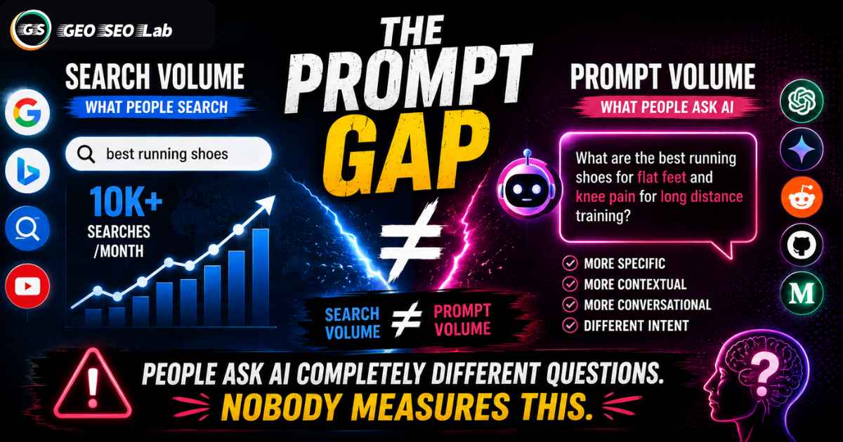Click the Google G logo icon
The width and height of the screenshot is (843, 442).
(x=27, y=112)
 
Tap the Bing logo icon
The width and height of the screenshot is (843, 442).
(x=27, y=170)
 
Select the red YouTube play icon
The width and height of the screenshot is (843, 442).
(x=27, y=286)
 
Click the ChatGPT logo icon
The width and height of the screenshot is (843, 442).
(x=802, y=101)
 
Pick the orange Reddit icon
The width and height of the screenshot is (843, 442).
(x=802, y=197)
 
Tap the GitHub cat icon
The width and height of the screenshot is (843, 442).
(x=802, y=245)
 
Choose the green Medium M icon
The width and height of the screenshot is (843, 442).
(x=802, y=293)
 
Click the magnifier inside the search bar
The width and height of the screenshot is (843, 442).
(x=86, y=154)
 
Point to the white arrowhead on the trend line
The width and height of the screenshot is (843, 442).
(x=267, y=203)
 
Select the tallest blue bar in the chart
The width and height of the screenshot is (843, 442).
(x=261, y=277)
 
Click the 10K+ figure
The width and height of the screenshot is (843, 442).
(x=126, y=202)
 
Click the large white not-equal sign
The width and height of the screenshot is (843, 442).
(x=410, y=243)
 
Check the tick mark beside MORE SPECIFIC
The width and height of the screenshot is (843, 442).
(x=570, y=263)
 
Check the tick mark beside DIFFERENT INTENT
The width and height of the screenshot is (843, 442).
(x=570, y=325)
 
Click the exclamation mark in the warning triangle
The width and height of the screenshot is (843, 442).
(x=93, y=387)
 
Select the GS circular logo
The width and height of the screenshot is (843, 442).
(x=31, y=29)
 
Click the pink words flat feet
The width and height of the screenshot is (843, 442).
(x=662, y=178)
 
